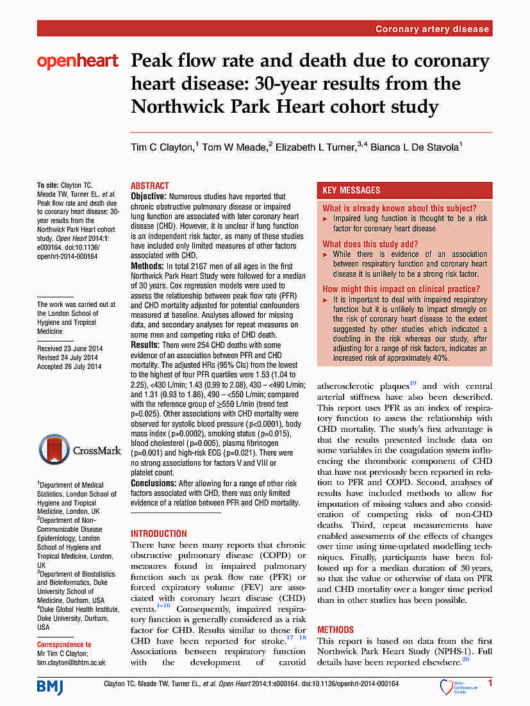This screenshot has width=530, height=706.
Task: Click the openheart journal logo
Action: [78, 62]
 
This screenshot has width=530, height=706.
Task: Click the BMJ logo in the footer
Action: [51, 687]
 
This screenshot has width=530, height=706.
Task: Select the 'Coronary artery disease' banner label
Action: [432, 29]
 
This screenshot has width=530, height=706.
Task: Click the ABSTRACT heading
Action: [150, 186]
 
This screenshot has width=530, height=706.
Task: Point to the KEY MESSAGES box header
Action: [351, 190]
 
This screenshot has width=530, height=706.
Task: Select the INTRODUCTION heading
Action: [159, 533]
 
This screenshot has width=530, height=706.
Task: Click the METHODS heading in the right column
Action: [335, 630]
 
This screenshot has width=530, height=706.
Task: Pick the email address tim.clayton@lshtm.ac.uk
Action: [71, 662]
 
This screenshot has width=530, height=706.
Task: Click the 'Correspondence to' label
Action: [64, 644]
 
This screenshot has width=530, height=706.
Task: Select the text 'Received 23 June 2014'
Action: [69, 349]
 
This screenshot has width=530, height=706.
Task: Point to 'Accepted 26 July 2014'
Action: [69, 366]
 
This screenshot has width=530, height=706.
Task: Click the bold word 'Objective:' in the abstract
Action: [149, 196]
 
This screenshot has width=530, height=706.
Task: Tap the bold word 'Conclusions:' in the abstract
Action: [154, 483]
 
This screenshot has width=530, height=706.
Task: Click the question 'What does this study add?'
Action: [370, 244]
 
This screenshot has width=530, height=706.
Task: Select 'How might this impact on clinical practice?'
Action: [401, 289]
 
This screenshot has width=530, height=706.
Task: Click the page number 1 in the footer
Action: [490, 684]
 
